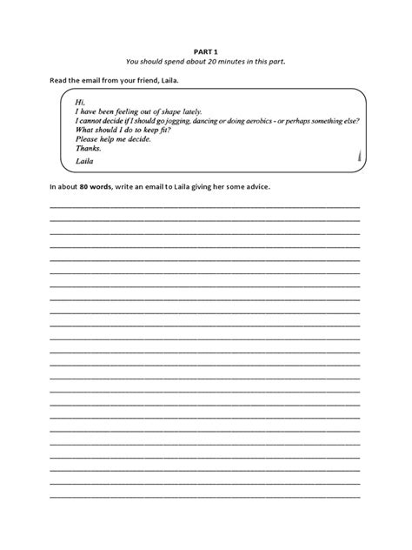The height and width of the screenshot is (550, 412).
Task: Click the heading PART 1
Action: [205, 50]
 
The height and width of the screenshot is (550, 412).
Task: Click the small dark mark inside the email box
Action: [359, 158]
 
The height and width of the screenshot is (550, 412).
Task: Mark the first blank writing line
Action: [205, 206]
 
